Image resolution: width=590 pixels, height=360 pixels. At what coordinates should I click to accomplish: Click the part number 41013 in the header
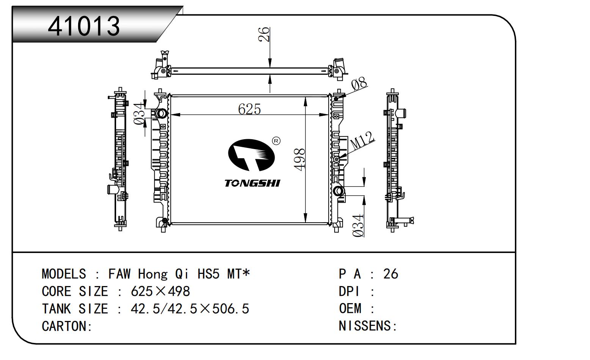click(84, 26)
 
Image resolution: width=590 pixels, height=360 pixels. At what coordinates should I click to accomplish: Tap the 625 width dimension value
click(249, 109)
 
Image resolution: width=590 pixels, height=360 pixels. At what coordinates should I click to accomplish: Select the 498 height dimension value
click(299, 159)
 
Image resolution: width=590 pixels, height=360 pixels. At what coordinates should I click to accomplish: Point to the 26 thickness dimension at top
click(264, 34)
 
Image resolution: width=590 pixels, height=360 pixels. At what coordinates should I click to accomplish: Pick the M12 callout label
click(362, 141)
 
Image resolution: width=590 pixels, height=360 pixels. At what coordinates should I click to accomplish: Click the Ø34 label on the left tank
click(140, 114)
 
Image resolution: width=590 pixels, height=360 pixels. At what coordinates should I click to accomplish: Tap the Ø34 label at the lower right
click(358, 225)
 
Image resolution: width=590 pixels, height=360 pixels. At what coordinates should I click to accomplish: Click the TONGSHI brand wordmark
click(252, 183)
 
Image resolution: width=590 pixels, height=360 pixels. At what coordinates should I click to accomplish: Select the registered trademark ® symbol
click(276, 141)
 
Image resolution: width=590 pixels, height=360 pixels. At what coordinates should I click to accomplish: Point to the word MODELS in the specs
click(64, 274)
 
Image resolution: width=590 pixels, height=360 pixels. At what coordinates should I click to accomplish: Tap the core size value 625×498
click(160, 291)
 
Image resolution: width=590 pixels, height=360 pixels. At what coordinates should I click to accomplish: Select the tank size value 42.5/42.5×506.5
click(190, 309)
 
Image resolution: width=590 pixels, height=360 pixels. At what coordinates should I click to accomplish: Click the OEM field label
click(350, 308)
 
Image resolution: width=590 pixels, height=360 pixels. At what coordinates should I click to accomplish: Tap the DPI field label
click(349, 291)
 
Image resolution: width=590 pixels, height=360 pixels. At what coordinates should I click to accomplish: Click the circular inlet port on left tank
click(160, 113)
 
